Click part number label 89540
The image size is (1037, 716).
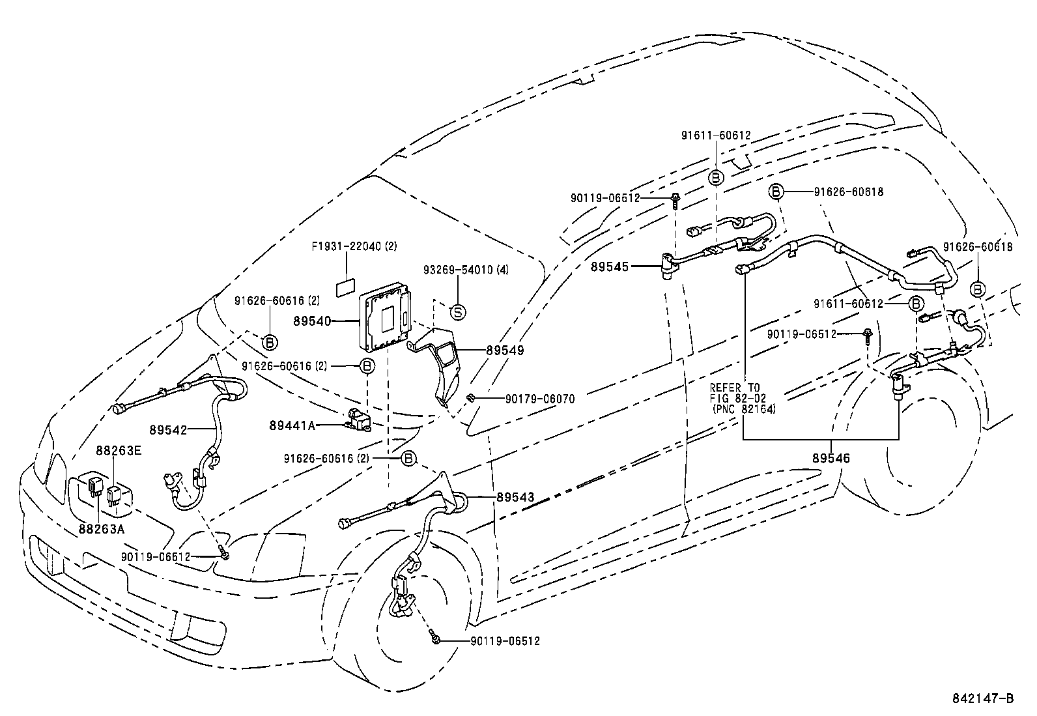[x=312, y=321]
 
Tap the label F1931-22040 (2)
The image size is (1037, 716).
[x=354, y=246]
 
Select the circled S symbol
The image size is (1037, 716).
[x=458, y=313]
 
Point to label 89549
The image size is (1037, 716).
[x=505, y=350]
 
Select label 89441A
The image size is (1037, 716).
[x=292, y=425]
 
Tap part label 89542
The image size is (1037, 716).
[x=167, y=430]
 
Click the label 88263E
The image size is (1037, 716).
[x=118, y=450]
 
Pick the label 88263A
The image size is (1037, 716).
[x=100, y=529]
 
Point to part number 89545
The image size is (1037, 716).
[x=610, y=266]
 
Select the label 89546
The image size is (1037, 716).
[x=831, y=459]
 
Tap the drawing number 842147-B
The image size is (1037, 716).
[x=983, y=698]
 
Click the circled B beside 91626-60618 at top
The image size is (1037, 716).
[x=776, y=192]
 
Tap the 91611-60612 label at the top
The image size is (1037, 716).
[x=716, y=136]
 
